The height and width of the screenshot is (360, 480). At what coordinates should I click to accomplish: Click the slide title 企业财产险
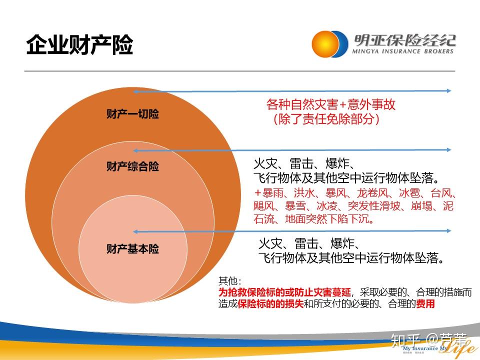pos(79,45)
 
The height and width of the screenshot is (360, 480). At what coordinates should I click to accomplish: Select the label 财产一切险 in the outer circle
pos(132,114)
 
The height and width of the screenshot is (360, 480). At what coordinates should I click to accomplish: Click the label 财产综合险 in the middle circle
pos(132,166)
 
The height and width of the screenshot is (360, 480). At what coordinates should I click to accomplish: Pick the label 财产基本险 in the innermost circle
pos(132,248)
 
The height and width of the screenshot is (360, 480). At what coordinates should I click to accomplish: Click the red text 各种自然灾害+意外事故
pos(331,104)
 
